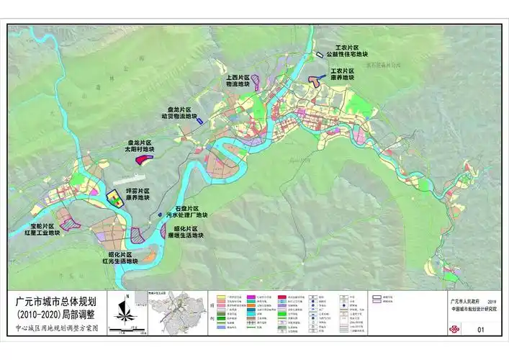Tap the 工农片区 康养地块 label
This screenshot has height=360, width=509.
(x=342, y=76)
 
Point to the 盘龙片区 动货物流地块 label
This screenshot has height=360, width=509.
(x=179, y=112)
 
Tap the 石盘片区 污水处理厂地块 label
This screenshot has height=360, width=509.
(x=186, y=212)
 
